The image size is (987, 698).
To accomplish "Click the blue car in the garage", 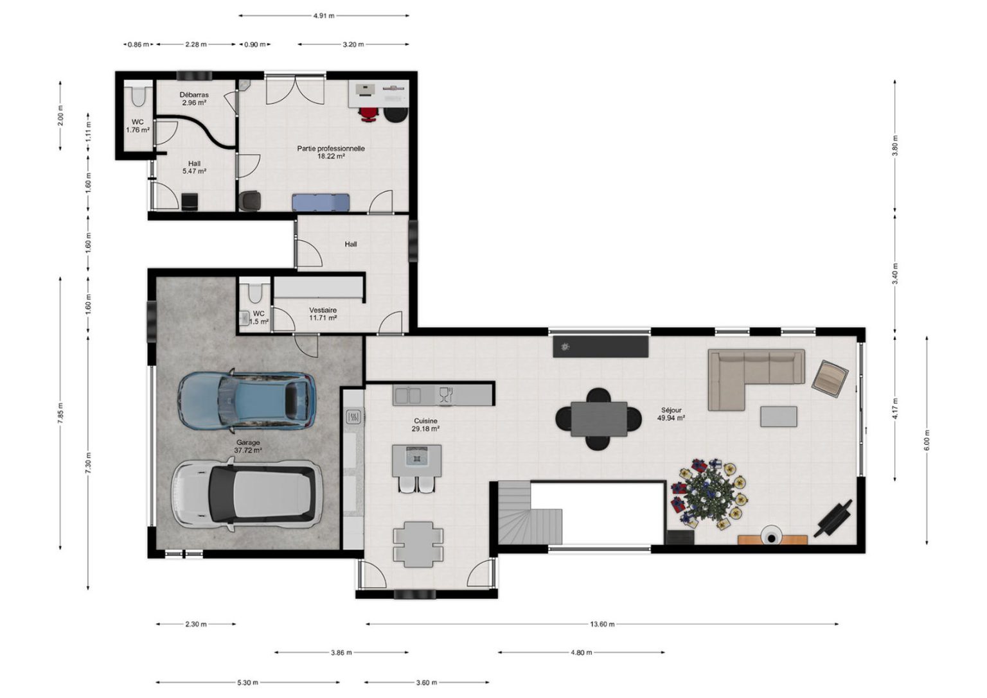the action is click(247, 400).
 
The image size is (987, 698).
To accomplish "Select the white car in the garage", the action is click(247, 494).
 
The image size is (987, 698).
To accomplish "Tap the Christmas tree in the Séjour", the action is click(709, 493).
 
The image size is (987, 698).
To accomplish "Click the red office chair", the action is click(369, 114).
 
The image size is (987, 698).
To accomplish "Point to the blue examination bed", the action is click(321, 202).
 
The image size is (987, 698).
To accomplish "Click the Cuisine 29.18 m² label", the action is click(425, 424).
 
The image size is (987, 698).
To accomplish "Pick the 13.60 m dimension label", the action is click(602, 624).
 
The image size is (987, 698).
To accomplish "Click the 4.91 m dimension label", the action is click(324, 16).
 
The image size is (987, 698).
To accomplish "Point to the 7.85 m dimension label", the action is click(60, 414).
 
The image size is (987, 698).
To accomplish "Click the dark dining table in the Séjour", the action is click(599, 419).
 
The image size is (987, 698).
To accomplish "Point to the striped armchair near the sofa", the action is click(830, 378).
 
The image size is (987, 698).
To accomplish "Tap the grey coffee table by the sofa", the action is click(779, 417).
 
